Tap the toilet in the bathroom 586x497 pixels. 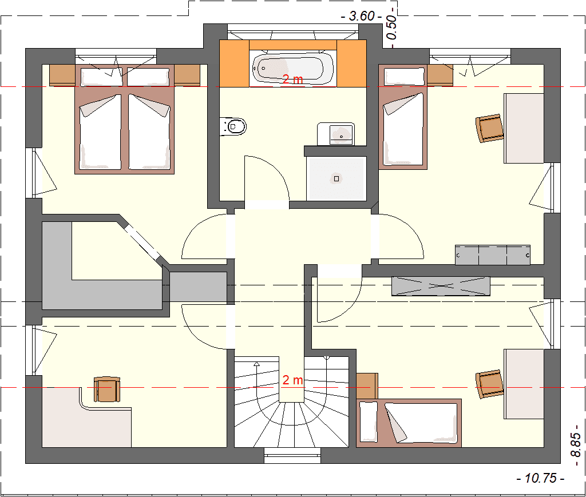tap(235, 125)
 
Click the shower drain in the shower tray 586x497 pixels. tap(336, 178)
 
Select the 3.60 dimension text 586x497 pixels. tap(361, 17)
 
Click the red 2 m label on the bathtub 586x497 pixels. tap(293, 79)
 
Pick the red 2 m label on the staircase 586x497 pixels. tap(293, 380)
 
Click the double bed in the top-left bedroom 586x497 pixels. tap(124, 120)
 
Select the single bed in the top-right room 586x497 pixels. tap(403, 117)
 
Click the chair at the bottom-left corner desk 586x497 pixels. tap(106, 389)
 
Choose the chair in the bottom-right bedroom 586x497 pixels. tap(490, 383)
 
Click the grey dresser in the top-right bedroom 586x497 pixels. tap(492, 255)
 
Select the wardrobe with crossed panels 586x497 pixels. tap(441, 286)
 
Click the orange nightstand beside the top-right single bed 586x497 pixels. tap(439, 74)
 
